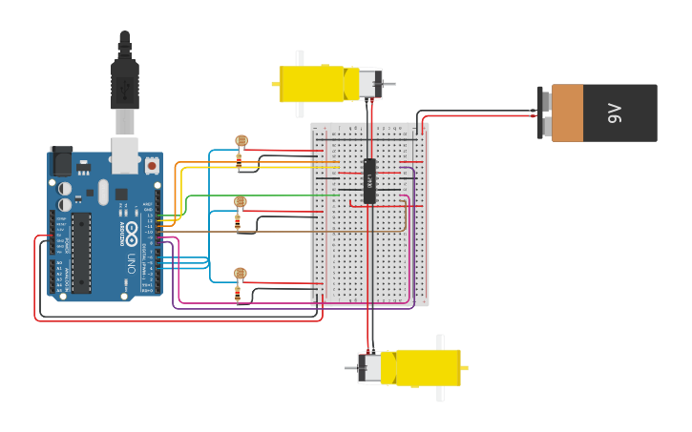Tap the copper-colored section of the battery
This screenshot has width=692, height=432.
[567, 113]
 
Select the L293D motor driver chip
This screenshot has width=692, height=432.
[369, 180]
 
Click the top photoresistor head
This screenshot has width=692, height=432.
[241, 141]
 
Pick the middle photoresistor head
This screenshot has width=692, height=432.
[240, 202]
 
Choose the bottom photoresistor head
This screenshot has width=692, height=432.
[240, 274]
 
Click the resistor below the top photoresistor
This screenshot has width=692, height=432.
[238, 161]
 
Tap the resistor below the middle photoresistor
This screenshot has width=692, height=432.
[238, 222]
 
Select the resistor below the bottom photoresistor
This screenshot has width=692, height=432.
[238, 294]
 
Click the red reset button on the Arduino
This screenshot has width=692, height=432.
[152, 166]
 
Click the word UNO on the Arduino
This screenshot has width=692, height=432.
[131, 262]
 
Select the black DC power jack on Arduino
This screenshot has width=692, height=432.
[61, 159]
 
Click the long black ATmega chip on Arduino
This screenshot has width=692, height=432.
[81, 253]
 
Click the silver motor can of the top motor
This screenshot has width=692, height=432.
[368, 84]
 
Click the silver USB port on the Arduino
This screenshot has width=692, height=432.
[125, 154]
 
